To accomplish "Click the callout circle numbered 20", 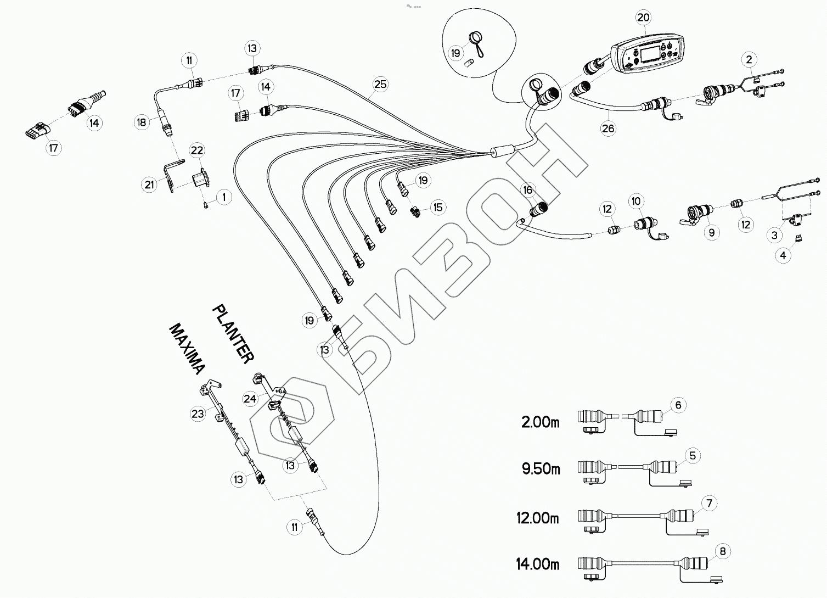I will point(643,18).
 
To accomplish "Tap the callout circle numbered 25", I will point(380,84).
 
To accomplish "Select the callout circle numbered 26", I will point(608,128).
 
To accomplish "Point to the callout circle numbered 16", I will point(527,190).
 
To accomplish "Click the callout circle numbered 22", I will point(197,150).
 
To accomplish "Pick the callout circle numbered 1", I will point(224,197).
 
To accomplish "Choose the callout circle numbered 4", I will point(783,255).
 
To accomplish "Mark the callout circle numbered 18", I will point(142,122).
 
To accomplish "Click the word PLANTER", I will point(233,334).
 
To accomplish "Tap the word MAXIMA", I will point(188,349).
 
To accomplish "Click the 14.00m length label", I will point(538,564).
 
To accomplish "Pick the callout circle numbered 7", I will point(709,503).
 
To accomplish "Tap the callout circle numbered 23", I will point(198,413).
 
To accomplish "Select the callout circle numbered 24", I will point(250,399).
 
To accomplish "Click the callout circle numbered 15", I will point(438,208).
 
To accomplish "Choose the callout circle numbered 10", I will point(636,202).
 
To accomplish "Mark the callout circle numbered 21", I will point(149,185).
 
